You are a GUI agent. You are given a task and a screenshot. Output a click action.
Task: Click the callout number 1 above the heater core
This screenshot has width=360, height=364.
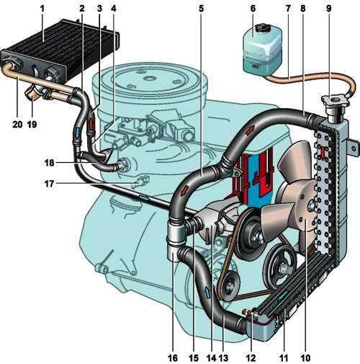(x=42, y=9)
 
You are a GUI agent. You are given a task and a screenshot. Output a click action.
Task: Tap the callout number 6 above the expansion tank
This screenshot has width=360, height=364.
(x=253, y=9)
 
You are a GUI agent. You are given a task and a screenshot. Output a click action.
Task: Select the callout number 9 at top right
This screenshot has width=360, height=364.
(x=328, y=9)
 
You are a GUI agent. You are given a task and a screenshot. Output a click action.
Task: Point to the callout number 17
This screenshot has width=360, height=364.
(x=49, y=184)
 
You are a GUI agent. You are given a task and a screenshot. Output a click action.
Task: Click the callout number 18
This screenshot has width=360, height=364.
(x=49, y=163)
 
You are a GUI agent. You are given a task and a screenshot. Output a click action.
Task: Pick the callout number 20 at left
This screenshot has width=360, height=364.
(x=17, y=124)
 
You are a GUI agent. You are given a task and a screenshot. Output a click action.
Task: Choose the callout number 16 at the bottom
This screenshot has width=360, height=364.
(x=173, y=358)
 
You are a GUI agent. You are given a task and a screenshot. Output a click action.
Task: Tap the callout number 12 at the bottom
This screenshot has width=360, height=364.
(x=251, y=358)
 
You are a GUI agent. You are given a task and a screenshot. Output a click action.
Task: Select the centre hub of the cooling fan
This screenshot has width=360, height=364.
(x=312, y=204)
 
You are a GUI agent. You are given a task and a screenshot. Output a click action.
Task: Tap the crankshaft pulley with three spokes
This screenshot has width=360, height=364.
(x=280, y=265)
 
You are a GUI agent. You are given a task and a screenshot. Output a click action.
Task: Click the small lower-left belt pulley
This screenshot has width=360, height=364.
(x=228, y=286)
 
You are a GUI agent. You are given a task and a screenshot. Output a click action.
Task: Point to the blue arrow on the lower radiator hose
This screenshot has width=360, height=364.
(x=207, y=293)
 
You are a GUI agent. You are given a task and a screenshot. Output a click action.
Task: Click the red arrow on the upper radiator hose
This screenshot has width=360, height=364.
(x=250, y=130)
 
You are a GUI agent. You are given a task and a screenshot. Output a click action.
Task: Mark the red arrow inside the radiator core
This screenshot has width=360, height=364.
(x=323, y=153)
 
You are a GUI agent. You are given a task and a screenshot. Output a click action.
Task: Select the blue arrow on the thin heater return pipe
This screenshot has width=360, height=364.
(x=144, y=198)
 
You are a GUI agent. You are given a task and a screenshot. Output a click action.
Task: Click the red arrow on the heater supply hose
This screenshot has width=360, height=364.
(x=91, y=124)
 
